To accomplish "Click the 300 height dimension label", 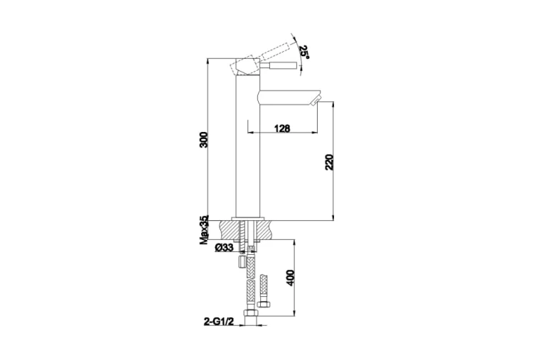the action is click(x=203, y=139).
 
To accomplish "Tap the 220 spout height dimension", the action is click(x=329, y=162).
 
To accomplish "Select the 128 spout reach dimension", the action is click(x=282, y=129).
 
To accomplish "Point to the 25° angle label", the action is click(x=304, y=52).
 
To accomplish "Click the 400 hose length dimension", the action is click(x=290, y=278).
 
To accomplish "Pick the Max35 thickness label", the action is click(x=204, y=230).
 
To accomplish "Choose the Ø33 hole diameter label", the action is click(x=224, y=248).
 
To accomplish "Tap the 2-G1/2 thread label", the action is click(x=219, y=321).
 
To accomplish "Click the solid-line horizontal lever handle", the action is click(x=279, y=66).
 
